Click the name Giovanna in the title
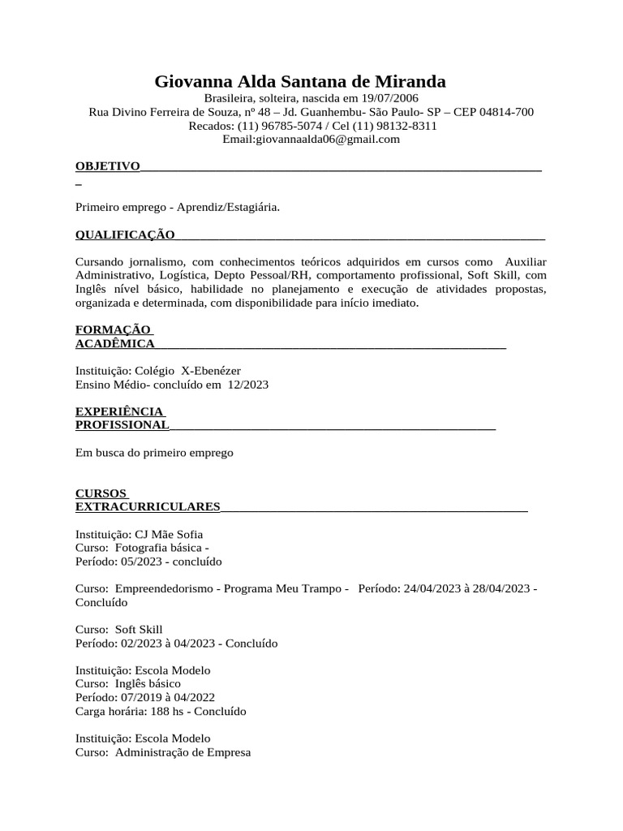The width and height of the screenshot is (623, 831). [x=192, y=82]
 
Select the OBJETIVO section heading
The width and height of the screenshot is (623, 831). [x=108, y=166]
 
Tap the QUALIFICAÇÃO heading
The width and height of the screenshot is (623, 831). [x=125, y=235]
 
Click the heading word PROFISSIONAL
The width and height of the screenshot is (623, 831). [x=122, y=425]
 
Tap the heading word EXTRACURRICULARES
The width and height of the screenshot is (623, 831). [x=148, y=507]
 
